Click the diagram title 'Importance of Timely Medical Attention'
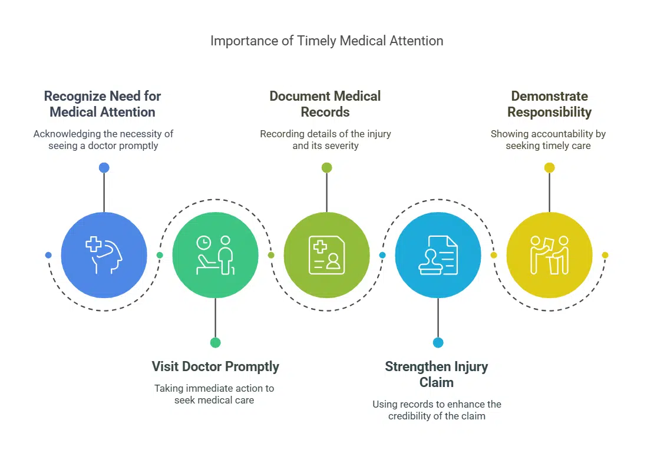click(326, 41)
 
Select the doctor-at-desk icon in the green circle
click(215, 255)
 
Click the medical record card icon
click(326, 255)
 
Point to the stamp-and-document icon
click(438, 255)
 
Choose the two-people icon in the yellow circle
click(549, 255)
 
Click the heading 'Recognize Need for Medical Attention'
click(103, 104)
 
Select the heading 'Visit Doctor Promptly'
click(215, 366)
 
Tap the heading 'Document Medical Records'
click(325, 104)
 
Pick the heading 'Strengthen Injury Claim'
click(437, 375)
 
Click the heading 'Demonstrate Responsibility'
click(549, 104)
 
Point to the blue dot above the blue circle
click(104, 168)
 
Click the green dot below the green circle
click(215, 342)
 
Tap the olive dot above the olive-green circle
click(326, 168)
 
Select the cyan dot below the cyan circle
click(438, 342)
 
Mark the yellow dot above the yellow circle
click(549, 168)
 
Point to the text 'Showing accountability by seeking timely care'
click(548, 140)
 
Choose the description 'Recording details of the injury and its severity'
click(325, 140)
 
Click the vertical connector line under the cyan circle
click(438, 318)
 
